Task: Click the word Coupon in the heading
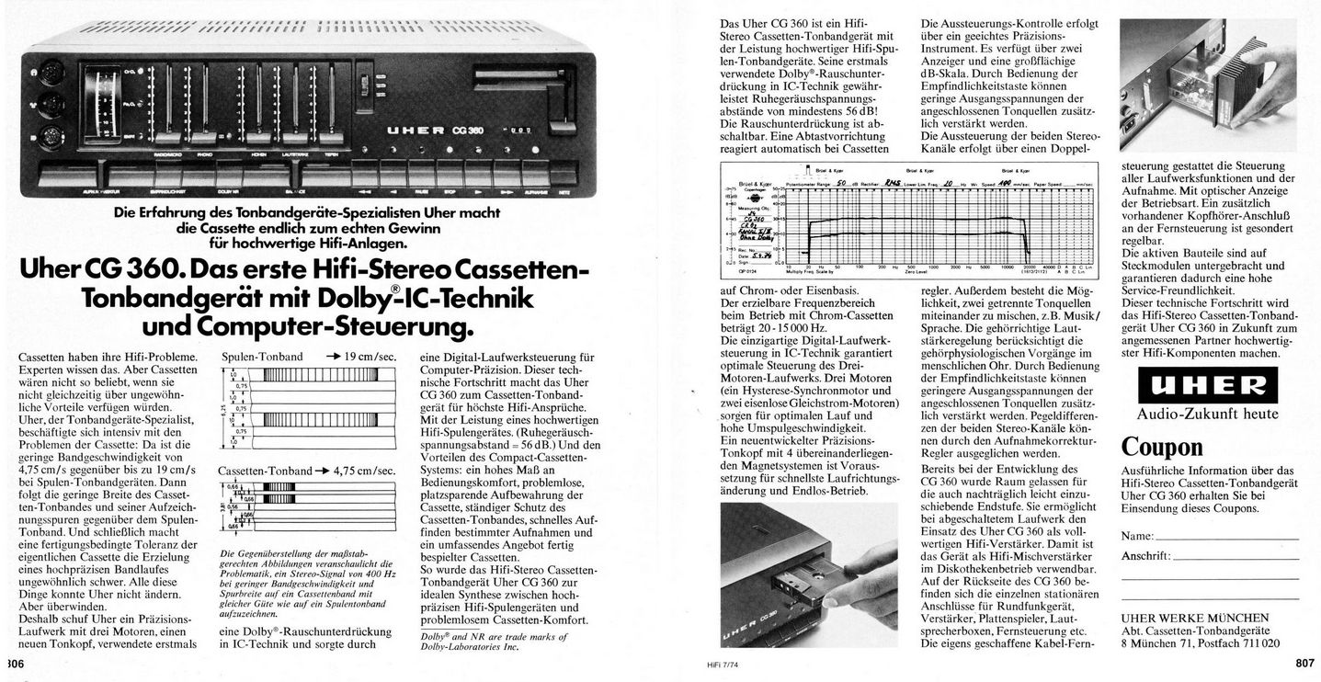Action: [x=1161, y=447]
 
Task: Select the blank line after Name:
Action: [x=1226, y=537]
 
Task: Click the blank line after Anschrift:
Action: [x=1236, y=557]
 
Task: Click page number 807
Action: [x=1305, y=663]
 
